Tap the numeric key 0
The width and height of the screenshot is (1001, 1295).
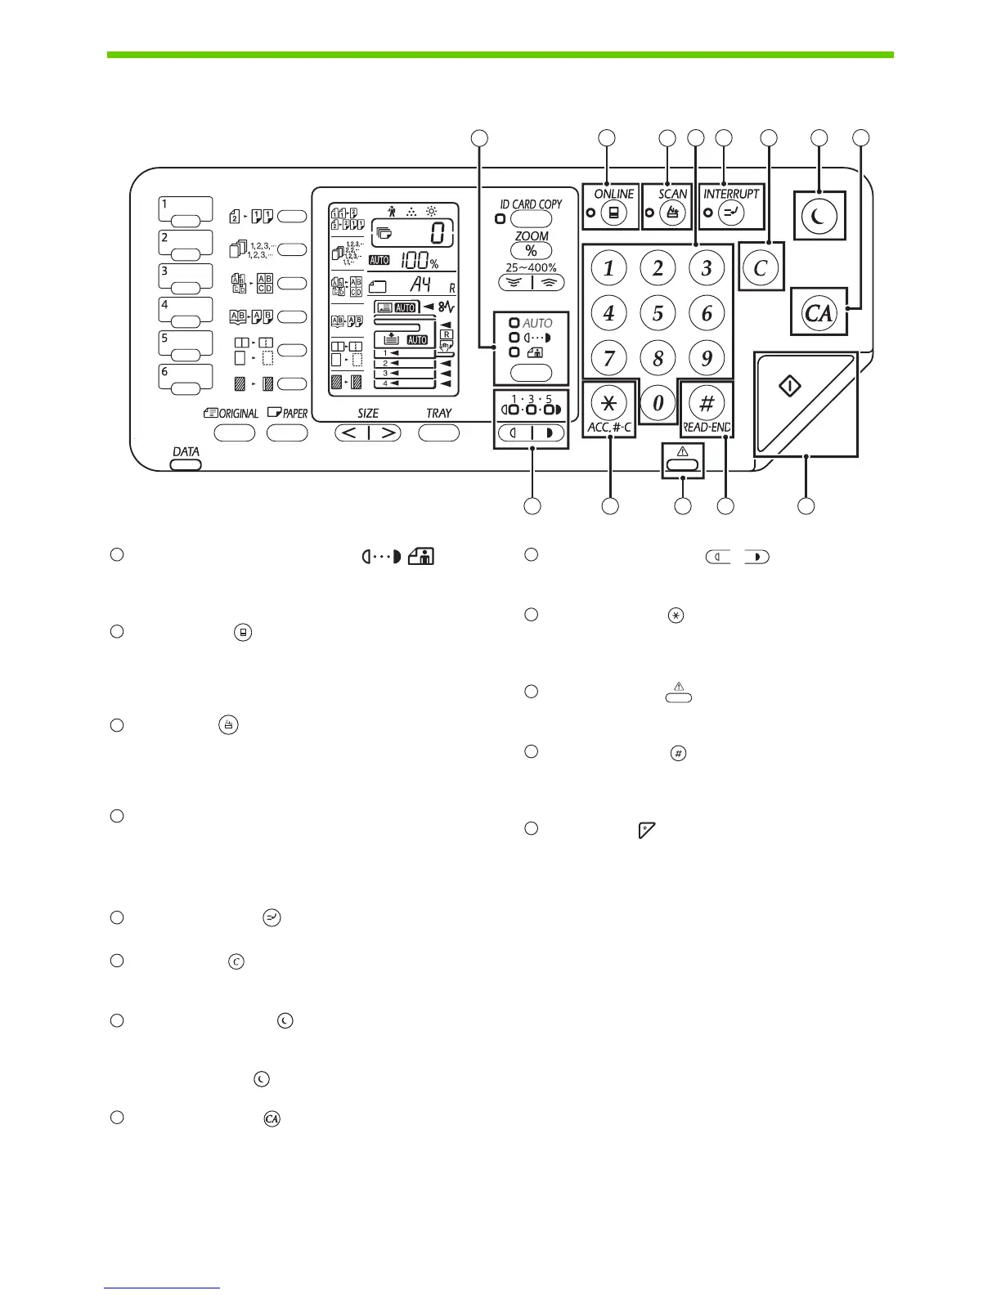click(658, 402)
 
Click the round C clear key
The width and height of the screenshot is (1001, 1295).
click(761, 267)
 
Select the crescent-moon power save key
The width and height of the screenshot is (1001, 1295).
click(819, 217)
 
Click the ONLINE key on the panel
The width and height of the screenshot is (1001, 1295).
click(613, 213)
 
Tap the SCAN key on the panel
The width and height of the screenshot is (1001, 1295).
click(672, 213)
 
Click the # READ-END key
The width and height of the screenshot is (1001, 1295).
click(707, 402)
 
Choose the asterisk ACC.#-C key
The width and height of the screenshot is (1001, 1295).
click(608, 402)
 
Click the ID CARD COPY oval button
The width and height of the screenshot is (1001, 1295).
click(531, 219)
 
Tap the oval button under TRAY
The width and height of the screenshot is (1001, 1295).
click(438, 432)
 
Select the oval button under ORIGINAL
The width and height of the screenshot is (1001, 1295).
click(235, 432)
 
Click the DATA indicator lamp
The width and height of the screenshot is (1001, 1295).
click(186, 464)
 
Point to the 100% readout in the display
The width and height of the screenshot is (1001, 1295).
click(419, 261)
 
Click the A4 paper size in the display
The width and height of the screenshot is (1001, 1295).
click(420, 285)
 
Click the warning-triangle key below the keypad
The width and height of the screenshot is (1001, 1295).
click(684, 465)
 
